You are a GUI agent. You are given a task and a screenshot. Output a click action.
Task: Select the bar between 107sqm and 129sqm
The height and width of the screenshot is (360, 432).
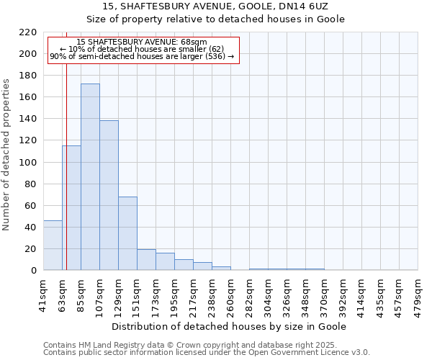coord(109,195)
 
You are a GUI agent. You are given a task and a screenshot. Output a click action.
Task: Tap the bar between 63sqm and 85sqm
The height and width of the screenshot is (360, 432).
coord(71,208)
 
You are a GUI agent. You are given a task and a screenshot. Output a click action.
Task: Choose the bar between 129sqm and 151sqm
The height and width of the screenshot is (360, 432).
coord(127,233)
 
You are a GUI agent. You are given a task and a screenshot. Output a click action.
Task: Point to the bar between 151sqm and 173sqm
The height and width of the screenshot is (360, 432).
coord(146,260)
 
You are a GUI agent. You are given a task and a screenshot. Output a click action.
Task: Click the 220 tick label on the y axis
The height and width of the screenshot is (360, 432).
coord(28,32)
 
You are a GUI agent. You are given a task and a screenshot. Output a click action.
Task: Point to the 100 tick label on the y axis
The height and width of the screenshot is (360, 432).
coord(28,163)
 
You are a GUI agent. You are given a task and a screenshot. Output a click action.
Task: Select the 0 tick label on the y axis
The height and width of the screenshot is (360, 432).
coord(34,271)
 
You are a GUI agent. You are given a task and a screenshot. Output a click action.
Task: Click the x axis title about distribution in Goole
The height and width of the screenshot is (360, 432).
coord(230,327)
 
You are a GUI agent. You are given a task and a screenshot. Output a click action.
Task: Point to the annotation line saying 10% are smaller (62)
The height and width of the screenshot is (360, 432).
coord(142,49)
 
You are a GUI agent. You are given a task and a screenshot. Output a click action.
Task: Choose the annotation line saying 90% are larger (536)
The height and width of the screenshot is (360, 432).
coord(142,56)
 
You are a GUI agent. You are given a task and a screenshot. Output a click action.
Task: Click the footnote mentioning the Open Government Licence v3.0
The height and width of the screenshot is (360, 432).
coord(207,353)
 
